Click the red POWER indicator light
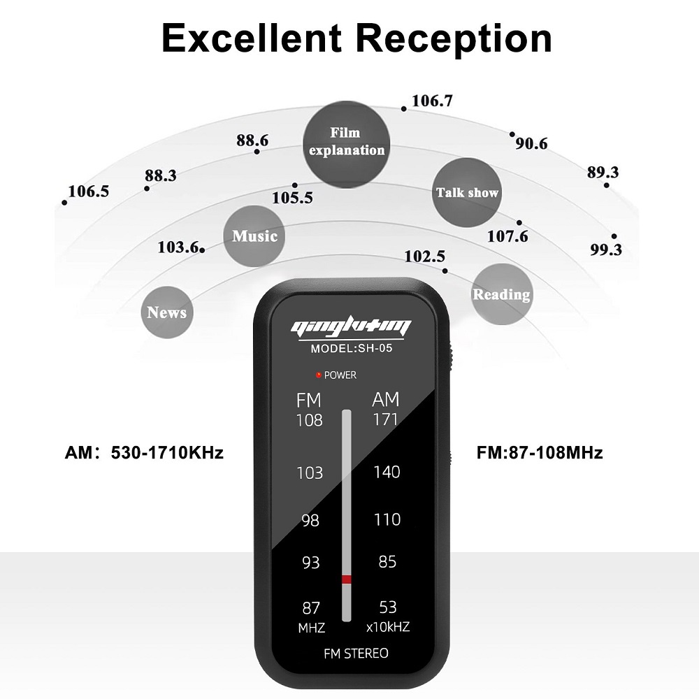point(319,375)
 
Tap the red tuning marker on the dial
point(346,579)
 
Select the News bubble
point(167,312)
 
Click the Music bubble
point(254,236)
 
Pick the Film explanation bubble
point(347,140)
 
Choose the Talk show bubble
point(467,192)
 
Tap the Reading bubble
point(501,294)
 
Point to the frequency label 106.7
point(431,101)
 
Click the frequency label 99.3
point(605,250)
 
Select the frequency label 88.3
point(161,175)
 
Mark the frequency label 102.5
point(424,257)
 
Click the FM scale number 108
point(309,420)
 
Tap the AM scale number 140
point(387,472)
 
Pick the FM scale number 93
point(310,561)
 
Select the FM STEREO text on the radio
point(356,654)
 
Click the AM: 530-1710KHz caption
point(144,453)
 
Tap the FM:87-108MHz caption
point(540,453)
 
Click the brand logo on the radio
point(351,326)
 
